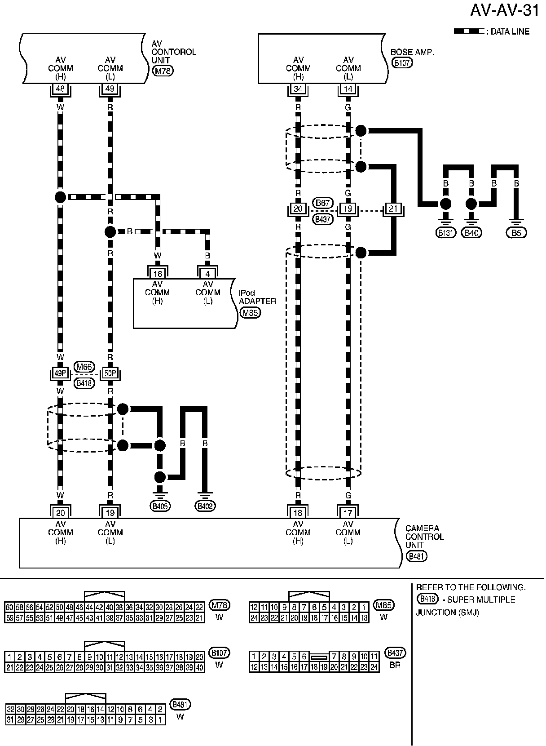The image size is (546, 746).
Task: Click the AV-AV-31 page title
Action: pos(504,11)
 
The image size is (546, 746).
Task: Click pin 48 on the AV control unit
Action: pos(60,89)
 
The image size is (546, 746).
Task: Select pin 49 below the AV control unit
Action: pos(110,89)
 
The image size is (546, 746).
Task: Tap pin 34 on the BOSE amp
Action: pos(298,89)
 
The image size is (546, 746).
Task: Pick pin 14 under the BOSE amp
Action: pos(348,89)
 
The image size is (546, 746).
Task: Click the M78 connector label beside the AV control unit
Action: pos(163,71)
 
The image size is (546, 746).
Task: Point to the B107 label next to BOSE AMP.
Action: pos(402,62)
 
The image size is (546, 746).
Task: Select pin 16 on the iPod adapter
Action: pos(158,274)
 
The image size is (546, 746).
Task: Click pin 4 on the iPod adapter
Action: pos(207,274)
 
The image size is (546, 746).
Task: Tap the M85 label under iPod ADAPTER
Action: pos(250,313)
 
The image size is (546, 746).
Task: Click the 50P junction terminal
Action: pos(110,373)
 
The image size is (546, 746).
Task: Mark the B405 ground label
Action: pos(160,506)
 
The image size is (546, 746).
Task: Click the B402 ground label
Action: pos(205,506)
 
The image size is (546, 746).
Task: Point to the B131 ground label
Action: pos(445,232)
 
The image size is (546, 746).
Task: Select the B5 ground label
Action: pos(516,232)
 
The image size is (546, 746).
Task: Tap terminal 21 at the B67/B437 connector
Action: pos(393,209)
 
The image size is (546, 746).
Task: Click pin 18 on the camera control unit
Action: pos(298,513)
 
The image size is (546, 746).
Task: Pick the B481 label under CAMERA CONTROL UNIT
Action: pos(416,556)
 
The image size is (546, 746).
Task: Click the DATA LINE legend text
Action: pos(510,32)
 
